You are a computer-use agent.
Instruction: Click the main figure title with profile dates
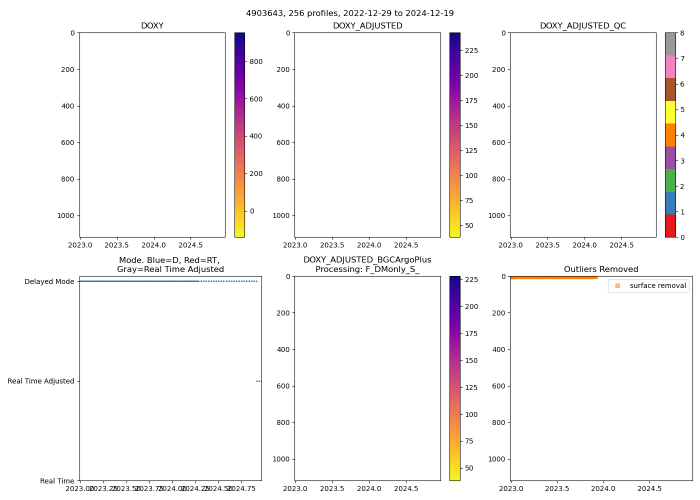(350, 13)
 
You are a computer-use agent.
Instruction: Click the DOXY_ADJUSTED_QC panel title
(582, 26)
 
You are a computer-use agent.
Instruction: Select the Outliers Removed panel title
(601, 269)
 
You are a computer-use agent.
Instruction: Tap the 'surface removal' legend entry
(657, 285)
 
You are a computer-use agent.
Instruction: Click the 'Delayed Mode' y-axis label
(49, 281)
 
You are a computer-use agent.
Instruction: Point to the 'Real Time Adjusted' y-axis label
(41, 381)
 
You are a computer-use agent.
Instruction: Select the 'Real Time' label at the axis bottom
(57, 481)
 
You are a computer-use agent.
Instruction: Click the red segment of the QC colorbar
(670, 226)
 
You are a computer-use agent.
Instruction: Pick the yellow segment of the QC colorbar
(670, 112)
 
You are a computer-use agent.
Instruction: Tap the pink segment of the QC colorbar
(670, 66)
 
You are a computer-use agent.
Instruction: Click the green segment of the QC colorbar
(670, 180)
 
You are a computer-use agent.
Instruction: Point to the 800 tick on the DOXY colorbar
(256, 61)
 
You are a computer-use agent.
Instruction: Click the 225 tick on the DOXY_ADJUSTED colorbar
(471, 50)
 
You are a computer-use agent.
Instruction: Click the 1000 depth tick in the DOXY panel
(65, 215)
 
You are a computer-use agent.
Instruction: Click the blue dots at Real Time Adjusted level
(258, 381)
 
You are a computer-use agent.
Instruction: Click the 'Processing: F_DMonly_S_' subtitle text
(367, 269)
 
